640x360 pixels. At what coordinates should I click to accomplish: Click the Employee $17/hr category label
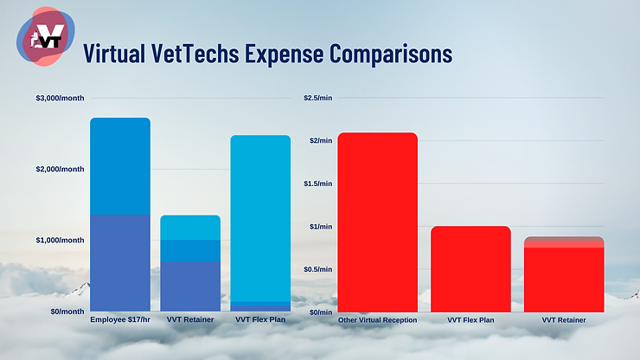120,320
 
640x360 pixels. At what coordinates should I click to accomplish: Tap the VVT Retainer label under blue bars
190,320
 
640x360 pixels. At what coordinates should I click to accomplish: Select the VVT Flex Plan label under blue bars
260,320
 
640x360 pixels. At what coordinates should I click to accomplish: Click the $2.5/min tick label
317,98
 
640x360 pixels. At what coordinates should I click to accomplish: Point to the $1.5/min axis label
317,183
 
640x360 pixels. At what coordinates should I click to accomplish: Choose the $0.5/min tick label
317,269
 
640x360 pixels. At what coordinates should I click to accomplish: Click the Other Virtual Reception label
377,320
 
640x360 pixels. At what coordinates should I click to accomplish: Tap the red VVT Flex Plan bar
470,269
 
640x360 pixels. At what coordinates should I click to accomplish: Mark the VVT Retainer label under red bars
564,320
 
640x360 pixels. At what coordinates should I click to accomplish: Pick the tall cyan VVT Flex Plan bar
260,216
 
